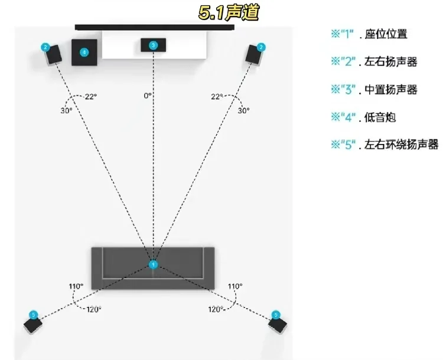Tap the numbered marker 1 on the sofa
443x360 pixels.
click(x=153, y=264)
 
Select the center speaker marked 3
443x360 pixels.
click(x=153, y=45)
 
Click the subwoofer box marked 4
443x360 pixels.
click(x=84, y=52)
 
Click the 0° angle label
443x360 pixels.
click(x=147, y=95)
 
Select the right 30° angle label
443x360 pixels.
click(x=243, y=110)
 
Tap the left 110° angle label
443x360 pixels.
click(x=75, y=286)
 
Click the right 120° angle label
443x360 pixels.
click(x=214, y=309)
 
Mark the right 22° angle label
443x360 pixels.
click(x=217, y=96)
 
